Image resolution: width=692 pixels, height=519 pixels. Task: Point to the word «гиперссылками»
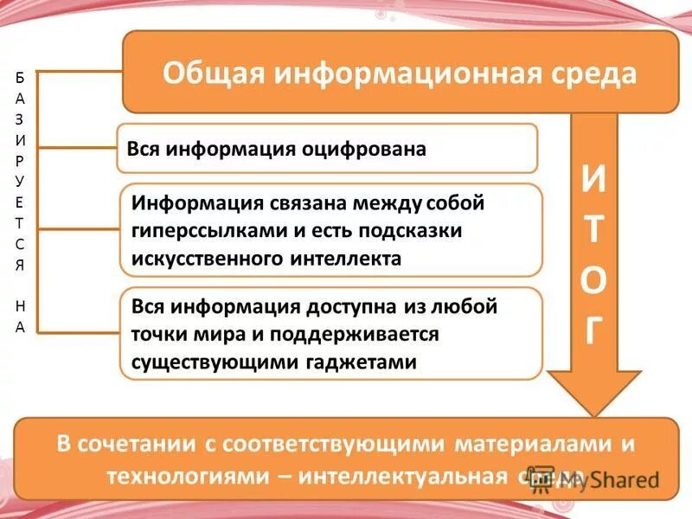coord(200,232)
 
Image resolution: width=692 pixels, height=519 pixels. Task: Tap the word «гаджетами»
coord(362,362)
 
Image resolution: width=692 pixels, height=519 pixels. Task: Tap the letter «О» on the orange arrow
coord(593,283)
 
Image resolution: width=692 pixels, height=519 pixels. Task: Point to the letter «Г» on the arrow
coord(593,332)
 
